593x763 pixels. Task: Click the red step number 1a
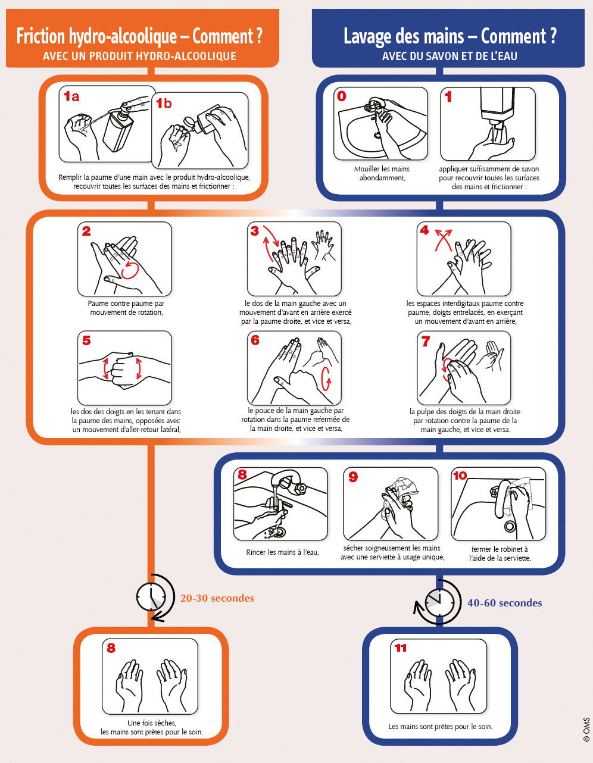pyautogui.click(x=71, y=96)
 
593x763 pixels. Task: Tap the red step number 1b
pyautogui.click(x=164, y=104)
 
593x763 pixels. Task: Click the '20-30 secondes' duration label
pyautogui.click(x=217, y=598)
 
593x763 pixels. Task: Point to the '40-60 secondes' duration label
pyautogui.click(x=504, y=603)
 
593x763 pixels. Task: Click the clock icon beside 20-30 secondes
pyautogui.click(x=152, y=596)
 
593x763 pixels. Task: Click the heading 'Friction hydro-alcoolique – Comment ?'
pyautogui.click(x=139, y=37)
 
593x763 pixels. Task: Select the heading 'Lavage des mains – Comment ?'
pyautogui.click(x=450, y=37)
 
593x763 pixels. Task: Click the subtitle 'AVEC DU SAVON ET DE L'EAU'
pyautogui.click(x=450, y=57)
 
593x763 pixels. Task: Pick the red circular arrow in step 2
pyautogui.click(x=130, y=270)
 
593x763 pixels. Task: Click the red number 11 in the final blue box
pyautogui.click(x=400, y=648)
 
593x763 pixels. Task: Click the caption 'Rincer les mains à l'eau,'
pyautogui.click(x=282, y=552)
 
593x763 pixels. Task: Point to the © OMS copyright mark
pyautogui.click(x=586, y=728)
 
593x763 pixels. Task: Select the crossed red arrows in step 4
pyautogui.click(x=442, y=239)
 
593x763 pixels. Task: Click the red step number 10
pyautogui.click(x=460, y=476)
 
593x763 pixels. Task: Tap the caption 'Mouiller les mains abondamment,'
pyautogui.click(x=382, y=173)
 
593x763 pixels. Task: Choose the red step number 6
pyautogui.click(x=255, y=340)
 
